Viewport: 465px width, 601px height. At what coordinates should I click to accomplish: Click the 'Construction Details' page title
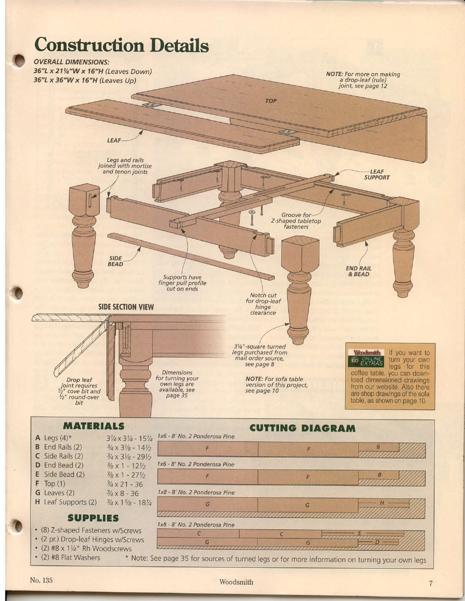121,45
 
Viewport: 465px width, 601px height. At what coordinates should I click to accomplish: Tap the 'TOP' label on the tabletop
271,101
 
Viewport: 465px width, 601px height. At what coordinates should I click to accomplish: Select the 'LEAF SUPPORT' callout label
377,174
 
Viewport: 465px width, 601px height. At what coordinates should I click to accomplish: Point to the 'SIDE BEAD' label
115,261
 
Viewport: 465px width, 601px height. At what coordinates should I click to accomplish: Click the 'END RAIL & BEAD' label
358,271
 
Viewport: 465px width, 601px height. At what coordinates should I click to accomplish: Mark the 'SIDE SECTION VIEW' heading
126,307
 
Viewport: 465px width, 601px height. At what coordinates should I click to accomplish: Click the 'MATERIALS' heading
94,426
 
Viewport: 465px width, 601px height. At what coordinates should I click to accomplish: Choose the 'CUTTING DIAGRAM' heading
303,428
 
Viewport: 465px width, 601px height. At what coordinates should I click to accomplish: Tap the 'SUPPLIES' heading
93,518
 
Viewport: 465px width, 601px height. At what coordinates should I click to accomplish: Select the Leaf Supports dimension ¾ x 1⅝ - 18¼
129,502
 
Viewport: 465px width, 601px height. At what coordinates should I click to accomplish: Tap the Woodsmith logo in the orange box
367,353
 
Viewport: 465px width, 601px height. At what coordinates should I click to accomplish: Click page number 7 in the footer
431,584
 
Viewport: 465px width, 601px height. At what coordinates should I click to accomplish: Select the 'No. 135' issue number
41,580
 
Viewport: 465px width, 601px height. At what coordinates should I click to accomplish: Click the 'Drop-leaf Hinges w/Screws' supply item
92,540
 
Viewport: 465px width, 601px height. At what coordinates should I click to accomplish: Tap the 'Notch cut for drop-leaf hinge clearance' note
263,304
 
